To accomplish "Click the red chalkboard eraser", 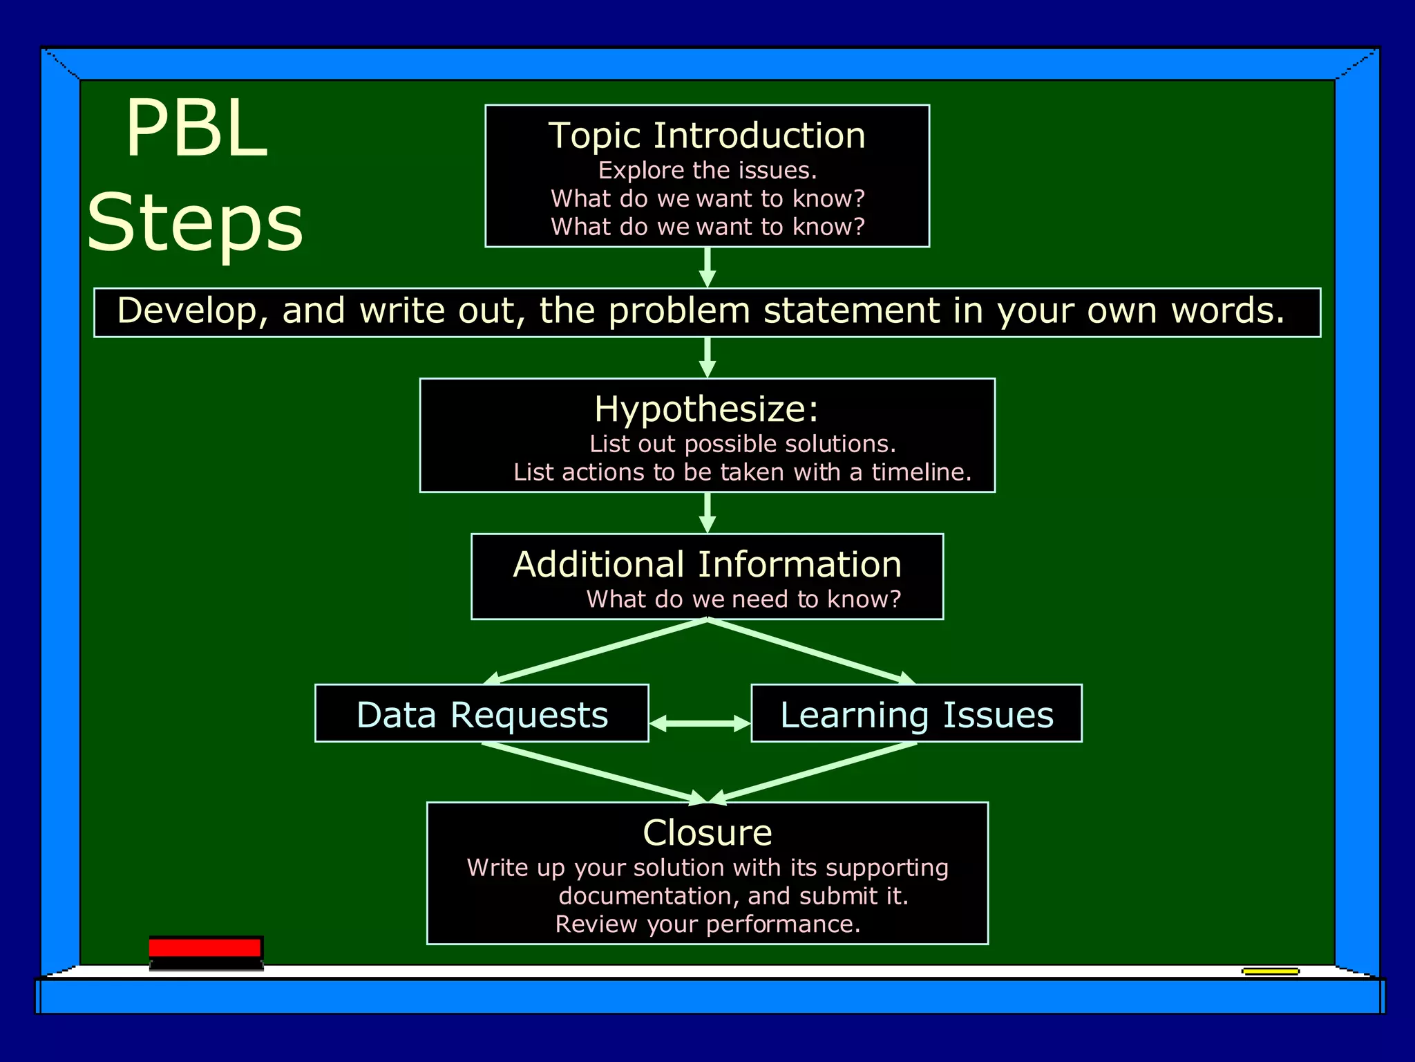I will (x=205, y=952).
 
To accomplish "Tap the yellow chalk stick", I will (x=1270, y=971).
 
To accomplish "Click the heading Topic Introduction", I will (x=707, y=136).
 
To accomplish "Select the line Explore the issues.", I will (x=707, y=170).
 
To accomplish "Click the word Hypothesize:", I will (x=706, y=409).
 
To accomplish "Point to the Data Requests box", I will (x=482, y=714).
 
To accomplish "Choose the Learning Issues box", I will (x=916, y=714).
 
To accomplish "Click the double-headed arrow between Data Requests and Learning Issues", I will (x=700, y=723).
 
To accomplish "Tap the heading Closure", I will (x=707, y=832).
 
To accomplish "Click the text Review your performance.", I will (x=707, y=924).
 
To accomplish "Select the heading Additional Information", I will (x=707, y=564).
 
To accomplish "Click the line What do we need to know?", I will (x=743, y=599).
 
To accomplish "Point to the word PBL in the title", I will (x=196, y=129).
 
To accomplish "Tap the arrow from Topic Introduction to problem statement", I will (x=707, y=266).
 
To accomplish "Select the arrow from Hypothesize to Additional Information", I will (x=707, y=512).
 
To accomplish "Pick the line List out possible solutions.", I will (x=742, y=444).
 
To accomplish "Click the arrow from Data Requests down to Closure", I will (x=594, y=773).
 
